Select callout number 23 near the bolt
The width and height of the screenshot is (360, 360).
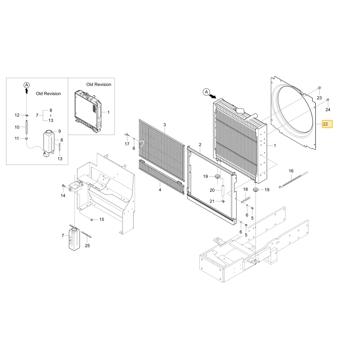coord(319,98)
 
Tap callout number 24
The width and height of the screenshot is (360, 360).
coord(328,110)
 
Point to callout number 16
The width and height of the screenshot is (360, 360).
coord(291,171)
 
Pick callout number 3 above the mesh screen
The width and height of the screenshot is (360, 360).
coord(165,125)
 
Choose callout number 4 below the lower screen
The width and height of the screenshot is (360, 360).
coord(160,190)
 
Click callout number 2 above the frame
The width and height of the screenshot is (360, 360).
coord(200,145)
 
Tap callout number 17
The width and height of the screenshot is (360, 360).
coord(127,144)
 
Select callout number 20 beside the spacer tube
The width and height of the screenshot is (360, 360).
coord(212,190)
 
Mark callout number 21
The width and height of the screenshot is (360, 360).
coord(212,201)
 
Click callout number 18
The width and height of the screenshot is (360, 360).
coord(246,189)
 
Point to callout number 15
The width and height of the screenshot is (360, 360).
coord(102,220)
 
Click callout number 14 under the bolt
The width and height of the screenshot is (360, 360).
coord(63,195)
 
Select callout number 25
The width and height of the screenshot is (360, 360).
coord(87,246)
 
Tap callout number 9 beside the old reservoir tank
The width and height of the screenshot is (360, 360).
coord(59,131)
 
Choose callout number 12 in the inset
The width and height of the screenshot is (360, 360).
coord(17,115)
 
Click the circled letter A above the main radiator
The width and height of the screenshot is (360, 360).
coord(206,92)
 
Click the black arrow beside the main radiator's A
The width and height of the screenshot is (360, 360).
coord(213,96)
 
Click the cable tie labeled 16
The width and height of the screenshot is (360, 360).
coord(293,180)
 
